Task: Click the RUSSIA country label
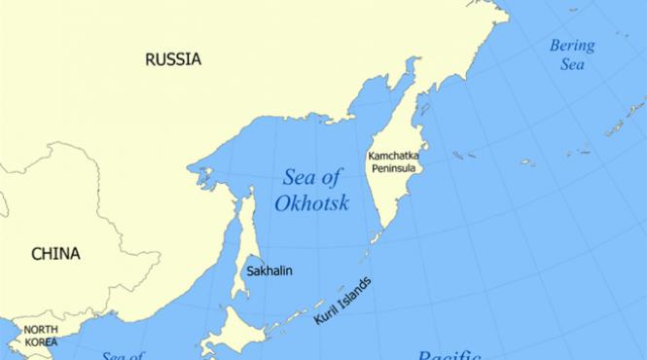click(x=173, y=59)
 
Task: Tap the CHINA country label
click(x=55, y=254)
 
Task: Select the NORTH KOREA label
click(x=40, y=336)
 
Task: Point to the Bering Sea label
click(x=572, y=54)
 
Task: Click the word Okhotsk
click(x=311, y=204)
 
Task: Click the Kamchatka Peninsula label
click(x=393, y=162)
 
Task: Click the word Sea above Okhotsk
click(x=298, y=177)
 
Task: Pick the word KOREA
click(x=40, y=342)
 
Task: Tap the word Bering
click(x=572, y=45)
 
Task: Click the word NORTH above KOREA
click(x=40, y=330)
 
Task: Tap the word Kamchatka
click(x=393, y=155)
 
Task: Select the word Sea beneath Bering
click(x=572, y=64)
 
